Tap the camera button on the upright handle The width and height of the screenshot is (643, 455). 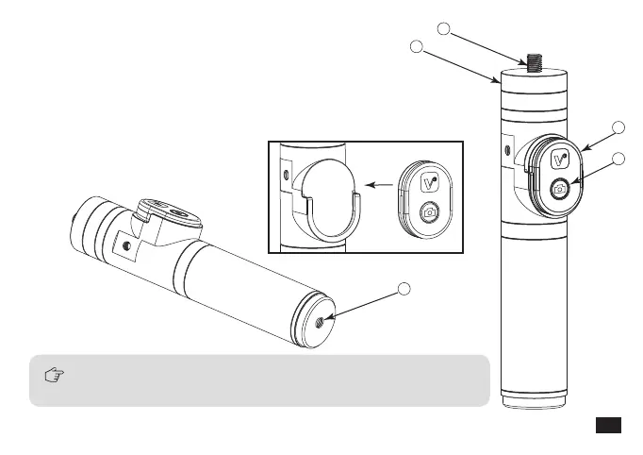coord(559,188)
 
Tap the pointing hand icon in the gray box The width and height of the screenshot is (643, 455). coord(55,376)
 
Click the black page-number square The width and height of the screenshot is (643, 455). coord(609,425)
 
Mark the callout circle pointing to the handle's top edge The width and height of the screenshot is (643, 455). coord(416,46)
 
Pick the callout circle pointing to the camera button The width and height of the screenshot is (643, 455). coord(618,160)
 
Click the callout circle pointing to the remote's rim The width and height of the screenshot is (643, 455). coord(618,128)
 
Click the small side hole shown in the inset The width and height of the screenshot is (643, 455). coord(285,174)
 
